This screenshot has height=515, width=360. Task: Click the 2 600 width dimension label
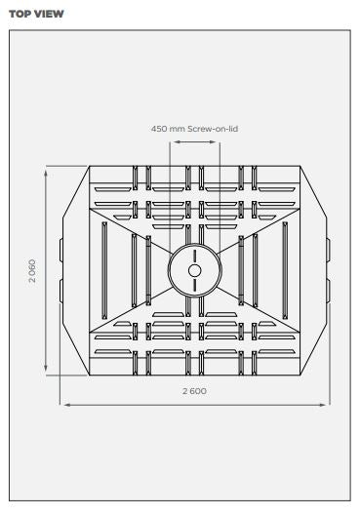click(194, 390)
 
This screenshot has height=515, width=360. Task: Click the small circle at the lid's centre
click(194, 270)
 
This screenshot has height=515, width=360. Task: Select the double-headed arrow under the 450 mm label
click(194, 141)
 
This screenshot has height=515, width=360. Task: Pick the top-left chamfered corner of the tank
click(75, 191)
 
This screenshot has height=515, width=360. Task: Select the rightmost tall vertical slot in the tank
click(285, 270)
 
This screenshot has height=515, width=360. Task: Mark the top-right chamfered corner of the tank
click(313, 191)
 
